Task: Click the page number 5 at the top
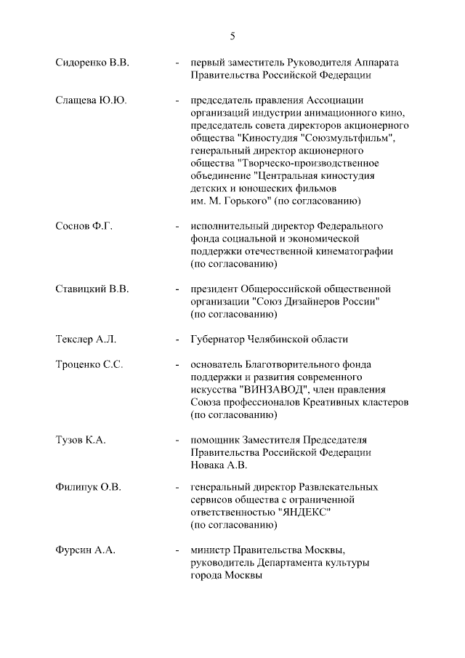pos(232,36)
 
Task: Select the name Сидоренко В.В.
pos(92,63)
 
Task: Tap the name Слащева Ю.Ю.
pos(90,100)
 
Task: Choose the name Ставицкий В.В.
pos(92,289)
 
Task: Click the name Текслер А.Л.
pos(85,340)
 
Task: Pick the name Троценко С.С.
pos(89,365)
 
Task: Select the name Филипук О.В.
pos(88,486)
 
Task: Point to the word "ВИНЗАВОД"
pos(277,390)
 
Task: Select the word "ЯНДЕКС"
pos(305,512)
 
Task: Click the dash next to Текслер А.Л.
pos(177,340)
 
